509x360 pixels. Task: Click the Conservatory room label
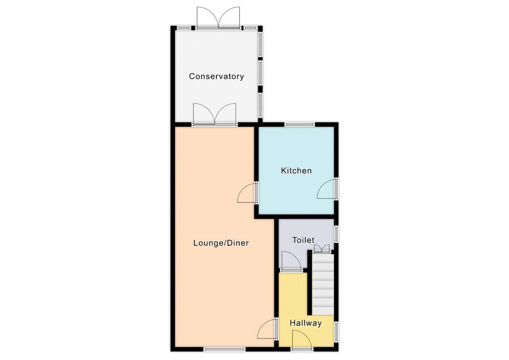click(216, 76)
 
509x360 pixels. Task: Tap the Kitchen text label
click(296, 170)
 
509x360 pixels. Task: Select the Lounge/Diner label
click(221, 243)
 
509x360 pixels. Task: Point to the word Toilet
click(303, 240)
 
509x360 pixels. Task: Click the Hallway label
click(305, 323)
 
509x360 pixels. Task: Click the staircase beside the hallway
click(323, 284)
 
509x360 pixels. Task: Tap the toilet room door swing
click(291, 260)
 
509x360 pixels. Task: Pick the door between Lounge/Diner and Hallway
click(267, 329)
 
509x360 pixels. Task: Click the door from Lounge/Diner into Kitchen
click(247, 193)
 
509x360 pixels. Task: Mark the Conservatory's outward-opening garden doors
click(218, 16)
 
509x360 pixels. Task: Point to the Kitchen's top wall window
click(300, 124)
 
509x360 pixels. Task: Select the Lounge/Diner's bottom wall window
click(225, 349)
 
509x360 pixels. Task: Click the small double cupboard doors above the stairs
click(322, 249)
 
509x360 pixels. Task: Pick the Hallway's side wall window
click(336, 331)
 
